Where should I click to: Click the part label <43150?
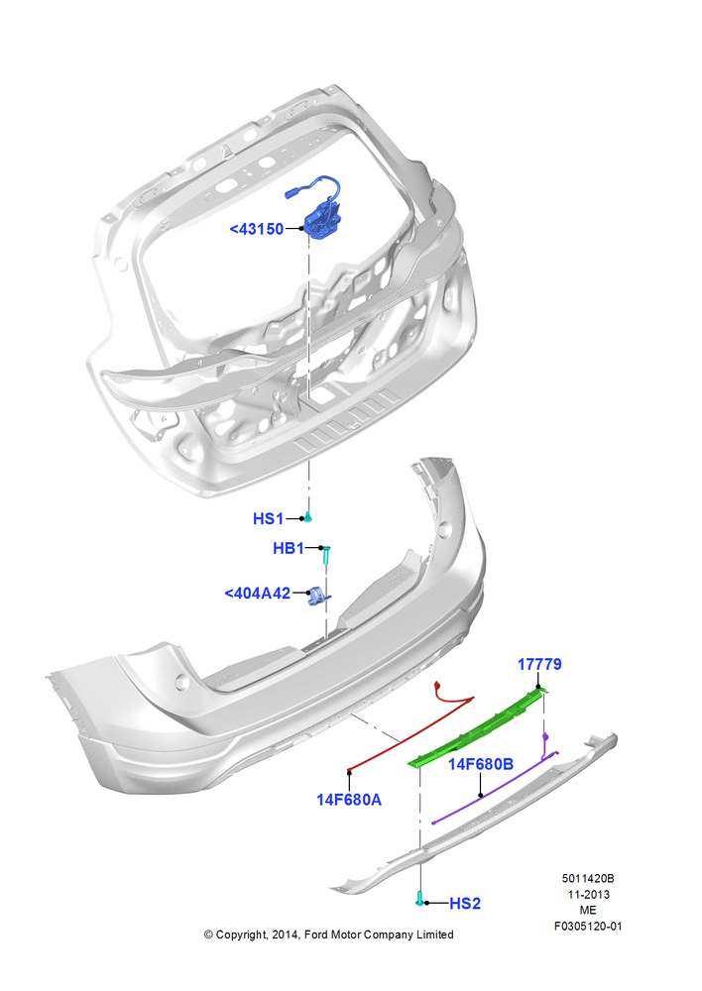[x=257, y=229]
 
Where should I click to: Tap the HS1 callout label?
[x=268, y=519]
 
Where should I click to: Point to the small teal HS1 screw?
[x=308, y=517]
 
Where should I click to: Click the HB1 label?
[x=289, y=548]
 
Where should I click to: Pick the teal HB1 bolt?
[x=326, y=556]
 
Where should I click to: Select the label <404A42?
[x=258, y=593]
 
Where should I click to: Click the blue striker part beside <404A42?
[x=318, y=596]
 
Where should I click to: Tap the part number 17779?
[x=539, y=664]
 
